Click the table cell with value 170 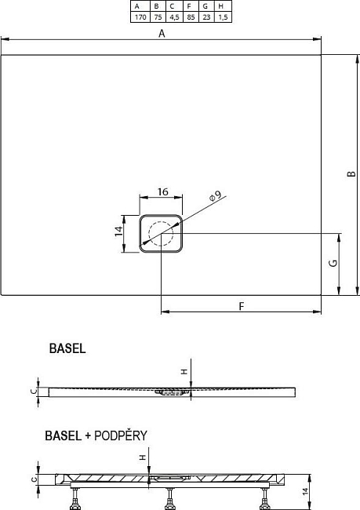[140, 17]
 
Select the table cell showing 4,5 [174, 17]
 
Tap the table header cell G [206, 6]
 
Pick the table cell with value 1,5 [223, 17]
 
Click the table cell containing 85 [191, 17]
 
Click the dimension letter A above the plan [162, 33]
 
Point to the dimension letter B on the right [351, 173]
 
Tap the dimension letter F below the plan [241, 306]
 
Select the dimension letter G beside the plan [333, 263]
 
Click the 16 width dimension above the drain [163, 192]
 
